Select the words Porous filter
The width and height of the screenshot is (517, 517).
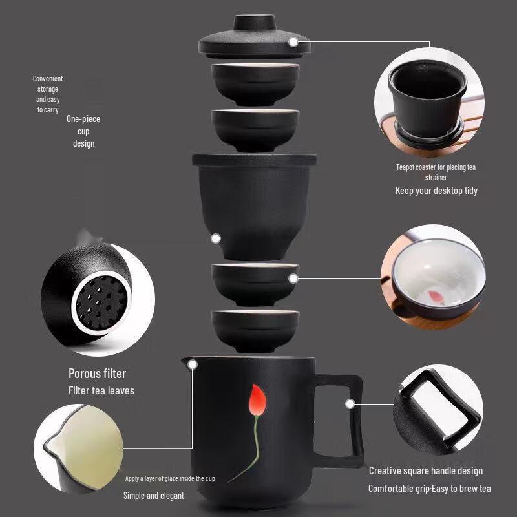pyautogui.click(x=97, y=374)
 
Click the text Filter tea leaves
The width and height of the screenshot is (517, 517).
pyautogui.click(x=101, y=390)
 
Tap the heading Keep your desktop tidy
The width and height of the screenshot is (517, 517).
pyautogui.click(x=436, y=191)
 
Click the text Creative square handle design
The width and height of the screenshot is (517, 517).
pyautogui.click(x=425, y=471)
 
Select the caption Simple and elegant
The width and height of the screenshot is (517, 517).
pyautogui.click(x=153, y=496)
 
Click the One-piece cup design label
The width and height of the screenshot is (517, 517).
pyautogui.click(x=83, y=131)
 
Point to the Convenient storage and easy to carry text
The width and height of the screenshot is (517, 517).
pyautogui.click(x=48, y=94)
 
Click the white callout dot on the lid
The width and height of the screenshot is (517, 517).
pyautogui.click(x=293, y=41)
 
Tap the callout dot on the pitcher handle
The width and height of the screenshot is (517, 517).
pyautogui.click(x=350, y=405)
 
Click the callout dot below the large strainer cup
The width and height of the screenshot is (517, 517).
pyautogui.click(x=216, y=238)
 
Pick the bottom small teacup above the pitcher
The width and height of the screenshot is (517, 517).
pyautogui.click(x=255, y=328)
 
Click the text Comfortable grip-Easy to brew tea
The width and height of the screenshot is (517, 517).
pyautogui.click(x=429, y=489)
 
